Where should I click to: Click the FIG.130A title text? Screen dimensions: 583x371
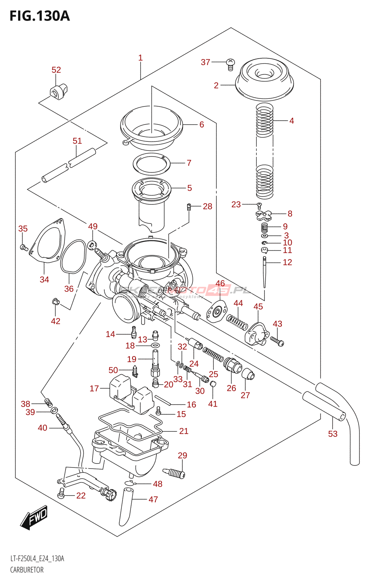click(x=39, y=16)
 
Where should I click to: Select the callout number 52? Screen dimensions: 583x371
click(x=56, y=70)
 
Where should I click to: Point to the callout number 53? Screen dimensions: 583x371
click(x=332, y=434)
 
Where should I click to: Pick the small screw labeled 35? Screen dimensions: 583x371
click(x=24, y=248)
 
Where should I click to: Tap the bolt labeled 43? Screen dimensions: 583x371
click(x=277, y=341)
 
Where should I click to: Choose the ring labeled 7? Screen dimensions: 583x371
click(x=151, y=164)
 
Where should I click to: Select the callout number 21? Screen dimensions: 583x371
click(x=184, y=431)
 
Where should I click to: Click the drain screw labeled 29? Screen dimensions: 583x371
click(x=174, y=473)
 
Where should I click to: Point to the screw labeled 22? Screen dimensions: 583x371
click(x=61, y=494)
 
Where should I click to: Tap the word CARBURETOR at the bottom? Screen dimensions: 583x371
click(x=27, y=570)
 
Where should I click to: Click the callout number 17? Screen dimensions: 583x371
click(x=94, y=388)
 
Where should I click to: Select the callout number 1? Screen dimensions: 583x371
click(x=140, y=58)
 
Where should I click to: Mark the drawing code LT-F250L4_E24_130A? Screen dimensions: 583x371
click(x=37, y=559)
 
